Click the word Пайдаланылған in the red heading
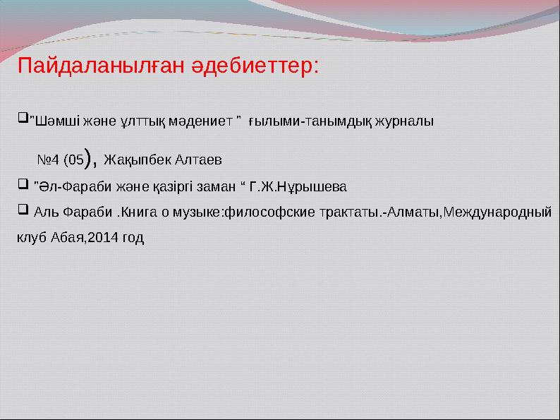(101, 67)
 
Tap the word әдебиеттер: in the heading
(255, 67)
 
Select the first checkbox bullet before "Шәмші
(21, 114)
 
